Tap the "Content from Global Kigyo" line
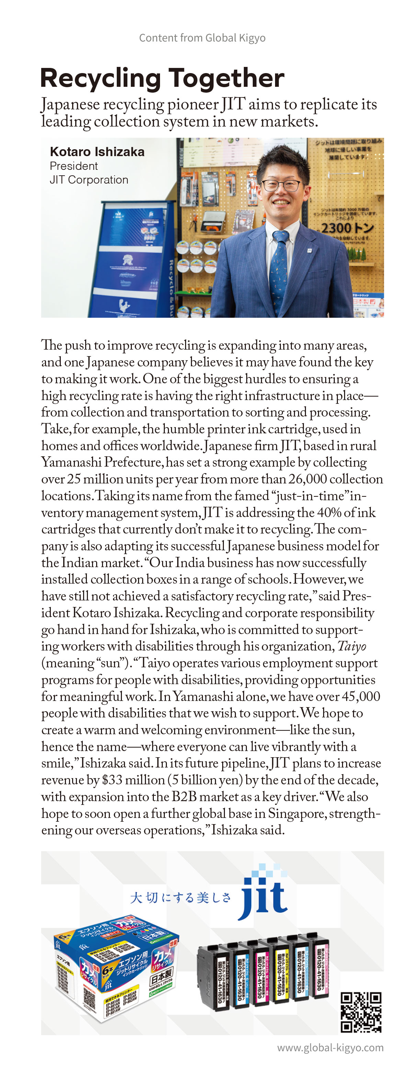[202, 38]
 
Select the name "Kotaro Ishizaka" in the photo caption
[97, 152]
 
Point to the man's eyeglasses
[281, 186]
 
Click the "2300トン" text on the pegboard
[347, 228]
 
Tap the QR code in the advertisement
[361, 1011]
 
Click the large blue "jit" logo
[264, 900]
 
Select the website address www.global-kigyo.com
[330, 1047]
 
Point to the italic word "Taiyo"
[351, 646]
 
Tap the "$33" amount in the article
[112, 780]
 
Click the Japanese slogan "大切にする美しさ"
[180, 898]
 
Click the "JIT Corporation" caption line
[89, 179]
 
